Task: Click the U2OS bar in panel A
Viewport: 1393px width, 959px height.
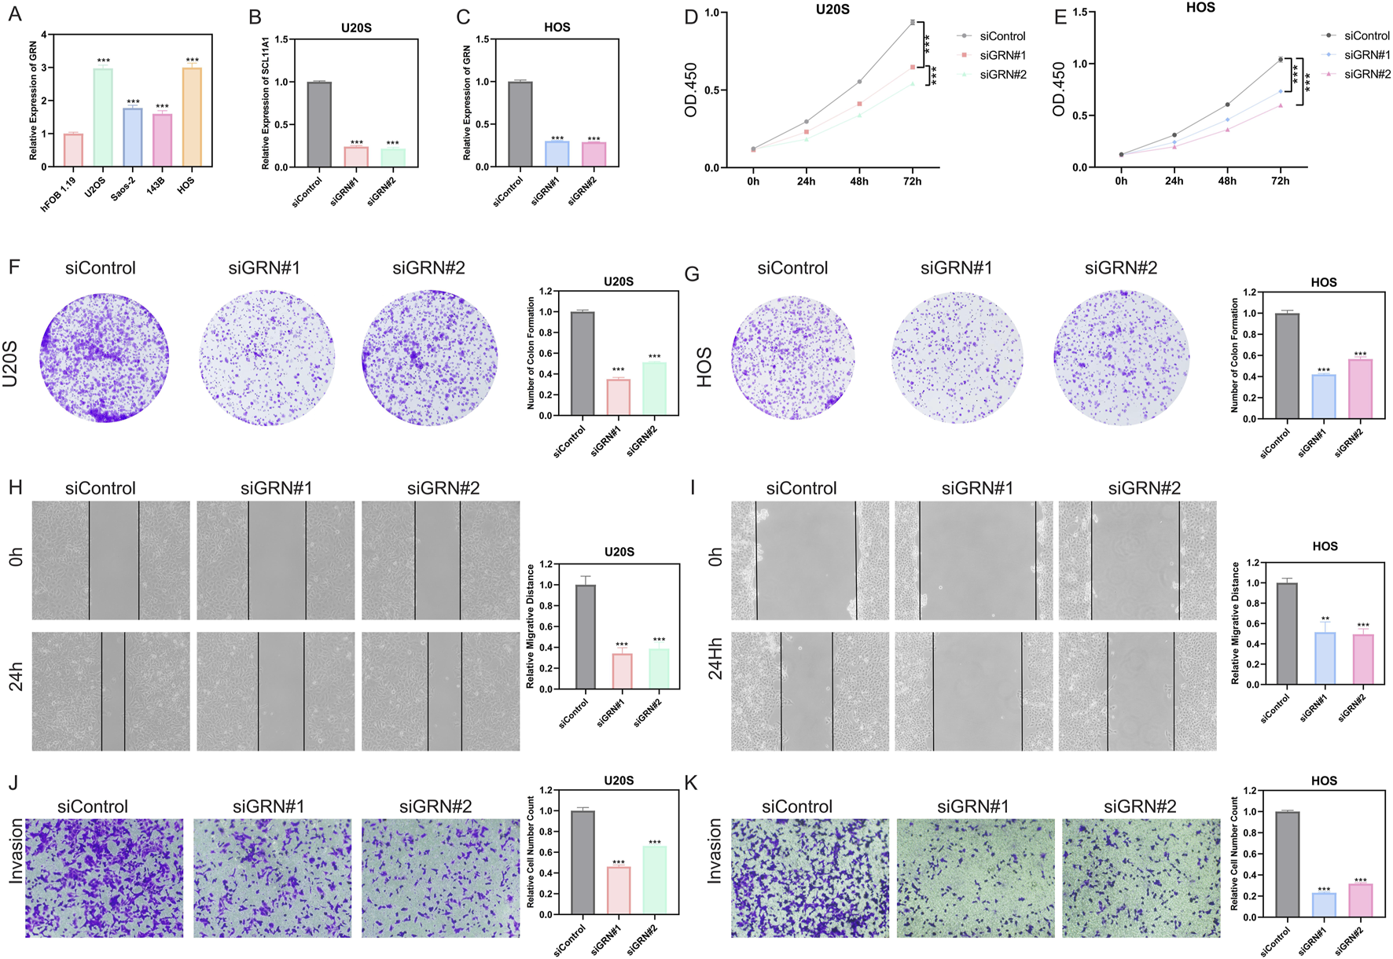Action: tap(103, 118)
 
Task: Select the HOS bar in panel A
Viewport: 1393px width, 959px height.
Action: tap(192, 118)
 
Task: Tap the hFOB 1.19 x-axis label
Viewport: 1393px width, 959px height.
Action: tap(59, 195)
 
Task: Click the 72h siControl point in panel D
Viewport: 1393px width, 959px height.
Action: tap(913, 22)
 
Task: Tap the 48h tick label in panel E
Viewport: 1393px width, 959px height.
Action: tap(1227, 181)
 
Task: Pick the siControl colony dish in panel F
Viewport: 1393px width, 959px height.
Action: tap(104, 358)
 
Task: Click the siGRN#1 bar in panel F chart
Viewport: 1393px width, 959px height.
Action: tap(619, 397)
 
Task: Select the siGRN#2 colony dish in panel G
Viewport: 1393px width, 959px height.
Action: tap(1122, 358)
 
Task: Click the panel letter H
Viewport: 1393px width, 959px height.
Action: tap(15, 487)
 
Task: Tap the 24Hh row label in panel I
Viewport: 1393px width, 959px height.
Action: tap(715, 658)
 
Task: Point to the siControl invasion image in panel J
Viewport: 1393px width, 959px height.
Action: tap(105, 877)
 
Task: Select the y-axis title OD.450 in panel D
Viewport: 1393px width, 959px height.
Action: tap(692, 90)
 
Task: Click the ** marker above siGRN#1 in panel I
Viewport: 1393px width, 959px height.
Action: tap(1325, 619)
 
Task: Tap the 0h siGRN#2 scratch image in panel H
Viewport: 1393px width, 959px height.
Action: tap(440, 560)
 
